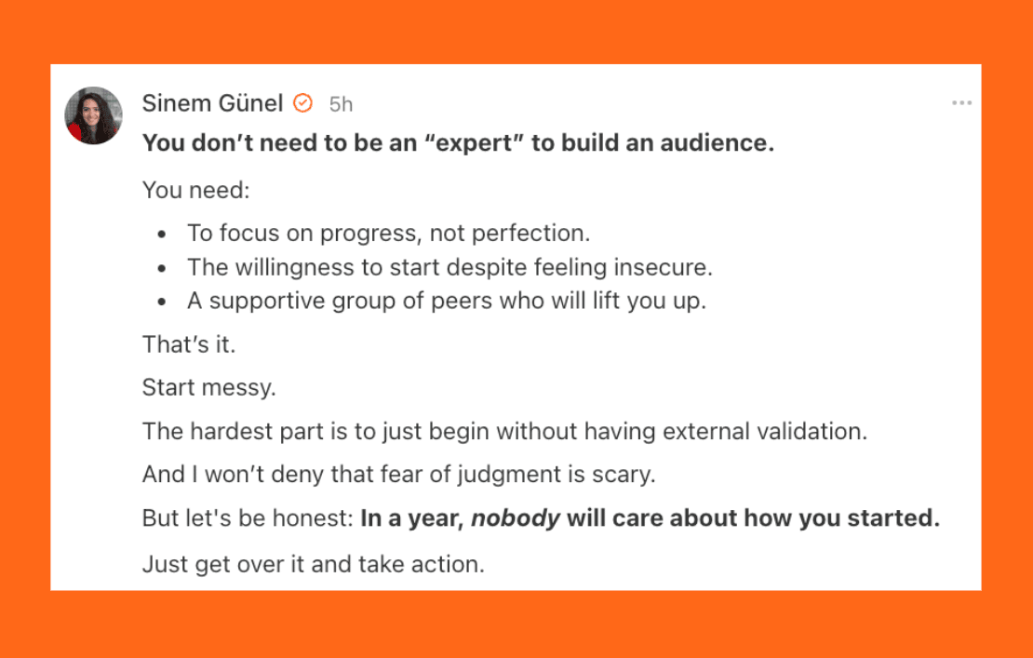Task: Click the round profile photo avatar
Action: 93,115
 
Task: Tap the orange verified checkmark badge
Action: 302,103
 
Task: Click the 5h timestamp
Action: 341,104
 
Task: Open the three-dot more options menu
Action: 961,102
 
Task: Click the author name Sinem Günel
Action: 212,103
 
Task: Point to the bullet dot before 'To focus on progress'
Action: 161,235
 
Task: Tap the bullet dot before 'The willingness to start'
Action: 161,269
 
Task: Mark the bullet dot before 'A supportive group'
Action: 161,302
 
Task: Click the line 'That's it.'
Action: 188,343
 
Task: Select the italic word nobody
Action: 516,518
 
